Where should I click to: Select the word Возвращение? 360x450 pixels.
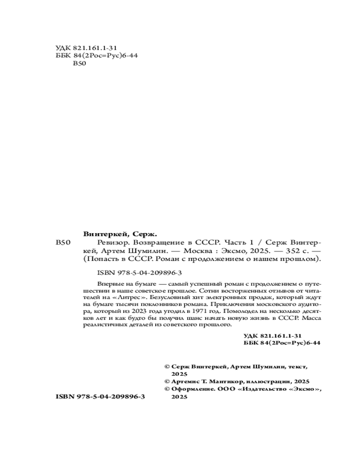click(x=161, y=242)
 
